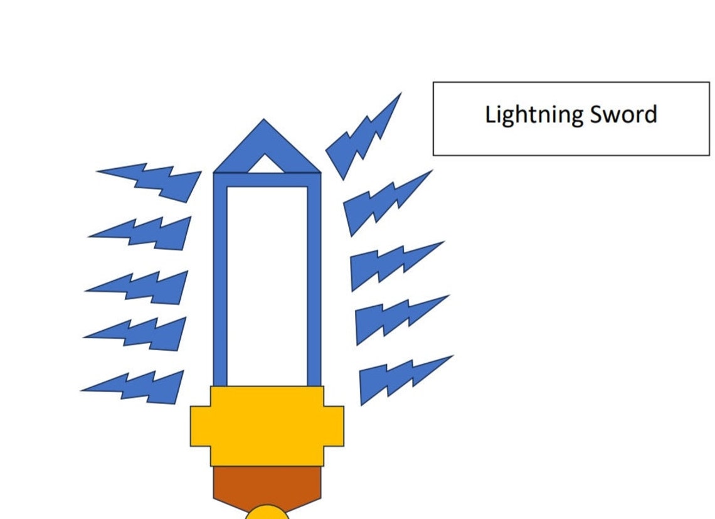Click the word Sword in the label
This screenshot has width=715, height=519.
point(623,114)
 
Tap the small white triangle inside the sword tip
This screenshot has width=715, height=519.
point(265,164)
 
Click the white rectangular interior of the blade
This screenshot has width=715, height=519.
point(267,286)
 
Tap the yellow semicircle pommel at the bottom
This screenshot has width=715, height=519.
point(267,513)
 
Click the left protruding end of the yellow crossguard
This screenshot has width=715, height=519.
point(200,426)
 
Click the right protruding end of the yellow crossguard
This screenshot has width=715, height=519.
point(334,426)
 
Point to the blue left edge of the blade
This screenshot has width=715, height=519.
point(220,279)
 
